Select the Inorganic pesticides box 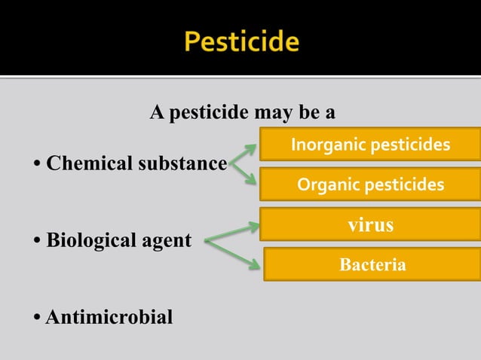coord(370,144)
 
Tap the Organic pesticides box coord(370,185)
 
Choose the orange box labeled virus coord(370,224)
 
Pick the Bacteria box coord(372,264)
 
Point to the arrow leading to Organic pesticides coord(244,175)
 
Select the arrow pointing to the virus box coord(233,232)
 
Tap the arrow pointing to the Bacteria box coord(234,253)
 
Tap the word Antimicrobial coord(109,317)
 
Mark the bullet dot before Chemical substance coord(37,165)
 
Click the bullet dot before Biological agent coord(37,243)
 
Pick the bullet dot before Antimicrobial coord(37,318)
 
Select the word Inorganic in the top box coord(326,144)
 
